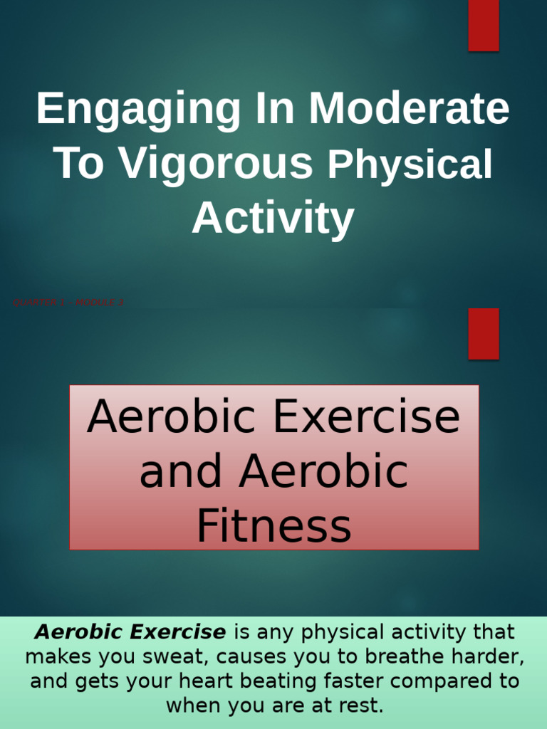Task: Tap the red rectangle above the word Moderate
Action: pos(483,26)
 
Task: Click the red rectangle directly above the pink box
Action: pos(483,333)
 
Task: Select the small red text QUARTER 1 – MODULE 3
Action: pos(68,303)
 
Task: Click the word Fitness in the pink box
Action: pos(273,526)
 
